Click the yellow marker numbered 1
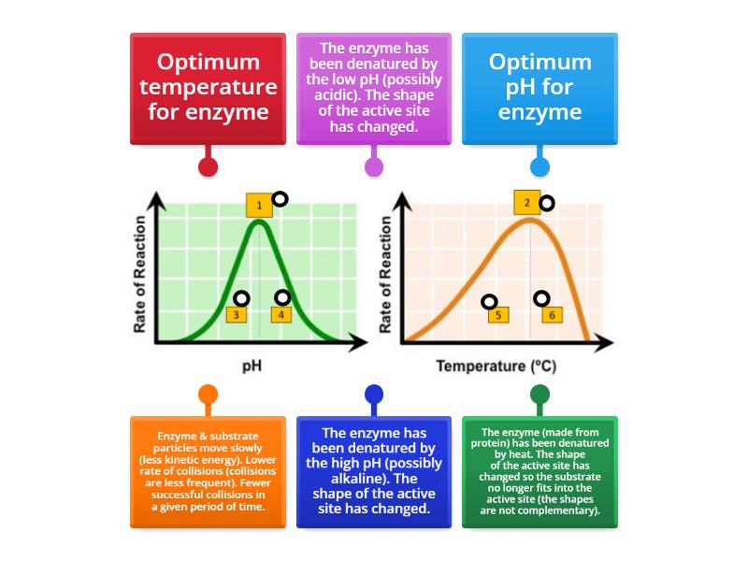[x=259, y=205]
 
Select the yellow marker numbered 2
[x=526, y=202]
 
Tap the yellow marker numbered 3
[x=237, y=315]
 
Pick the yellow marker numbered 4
[x=281, y=315]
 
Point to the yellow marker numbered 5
[x=498, y=315]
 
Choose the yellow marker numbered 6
[x=552, y=315]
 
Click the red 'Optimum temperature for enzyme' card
[x=208, y=89]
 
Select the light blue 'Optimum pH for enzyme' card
[x=539, y=89]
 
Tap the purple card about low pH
[x=374, y=89]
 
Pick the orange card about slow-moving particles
[x=208, y=472]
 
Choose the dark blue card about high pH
[x=374, y=472]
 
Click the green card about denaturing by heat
[x=539, y=472]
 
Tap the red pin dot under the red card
[x=208, y=167]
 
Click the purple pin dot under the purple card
[x=374, y=167]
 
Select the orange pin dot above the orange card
[x=208, y=395]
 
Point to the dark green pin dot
[x=539, y=395]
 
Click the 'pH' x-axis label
[x=252, y=367]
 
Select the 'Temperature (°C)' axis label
[x=496, y=367]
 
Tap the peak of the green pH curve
[x=260, y=221]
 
